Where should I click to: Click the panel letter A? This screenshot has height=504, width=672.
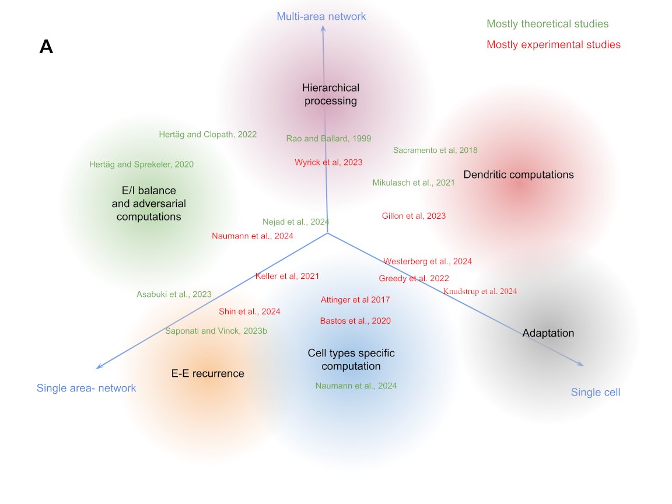46,47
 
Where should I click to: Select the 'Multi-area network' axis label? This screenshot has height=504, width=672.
321,16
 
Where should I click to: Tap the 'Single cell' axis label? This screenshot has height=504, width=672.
595,392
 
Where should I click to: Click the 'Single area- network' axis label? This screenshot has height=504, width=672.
86,388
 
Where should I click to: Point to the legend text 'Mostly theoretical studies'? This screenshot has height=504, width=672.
547,24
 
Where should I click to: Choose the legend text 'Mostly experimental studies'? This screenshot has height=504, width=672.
553,44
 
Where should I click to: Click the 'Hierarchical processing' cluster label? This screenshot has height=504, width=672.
331,94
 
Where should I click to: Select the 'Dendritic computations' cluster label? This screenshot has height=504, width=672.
518,174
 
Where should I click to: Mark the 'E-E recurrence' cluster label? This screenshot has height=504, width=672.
208,373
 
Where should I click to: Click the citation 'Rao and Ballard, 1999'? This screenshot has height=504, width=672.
328,138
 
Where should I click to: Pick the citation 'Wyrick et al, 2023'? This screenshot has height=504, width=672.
328,162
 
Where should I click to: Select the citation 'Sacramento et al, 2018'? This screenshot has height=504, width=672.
435,150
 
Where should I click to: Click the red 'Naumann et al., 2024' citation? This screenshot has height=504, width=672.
253,236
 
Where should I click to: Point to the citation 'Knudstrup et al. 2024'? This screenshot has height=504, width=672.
480,291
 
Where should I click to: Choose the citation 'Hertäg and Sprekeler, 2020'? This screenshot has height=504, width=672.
141,164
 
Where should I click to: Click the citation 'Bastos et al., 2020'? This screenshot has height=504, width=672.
355,321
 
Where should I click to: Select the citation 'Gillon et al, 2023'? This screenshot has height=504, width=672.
414,216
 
